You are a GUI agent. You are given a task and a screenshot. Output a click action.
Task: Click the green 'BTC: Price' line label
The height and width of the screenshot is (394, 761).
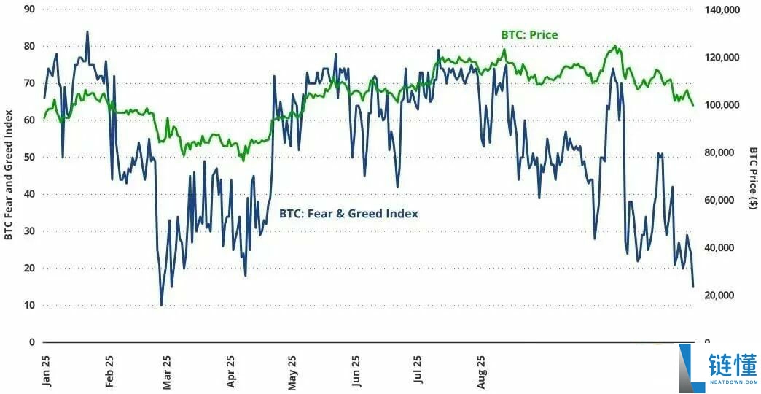pos(529,34)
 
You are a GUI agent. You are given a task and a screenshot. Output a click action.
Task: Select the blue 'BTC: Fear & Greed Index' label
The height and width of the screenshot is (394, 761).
pos(348,214)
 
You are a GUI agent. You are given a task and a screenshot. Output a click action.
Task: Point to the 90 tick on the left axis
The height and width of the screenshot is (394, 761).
pos(29,9)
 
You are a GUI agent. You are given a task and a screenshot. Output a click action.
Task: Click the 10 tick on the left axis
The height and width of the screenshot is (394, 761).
pos(29,305)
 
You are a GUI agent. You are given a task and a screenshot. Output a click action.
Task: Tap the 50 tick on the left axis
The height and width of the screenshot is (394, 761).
pos(29,157)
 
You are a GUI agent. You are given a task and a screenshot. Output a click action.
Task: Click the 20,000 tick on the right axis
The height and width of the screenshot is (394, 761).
pos(722,295)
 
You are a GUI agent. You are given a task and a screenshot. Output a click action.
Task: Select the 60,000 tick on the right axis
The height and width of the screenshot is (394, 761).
pos(722,200)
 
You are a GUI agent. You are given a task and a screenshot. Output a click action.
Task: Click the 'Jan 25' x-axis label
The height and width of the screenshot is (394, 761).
pos(46,370)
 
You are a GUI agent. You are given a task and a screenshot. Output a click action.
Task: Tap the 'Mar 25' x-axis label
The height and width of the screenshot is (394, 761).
pos(168,370)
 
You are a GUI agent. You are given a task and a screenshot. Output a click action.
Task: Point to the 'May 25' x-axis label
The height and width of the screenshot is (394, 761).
pos(293,370)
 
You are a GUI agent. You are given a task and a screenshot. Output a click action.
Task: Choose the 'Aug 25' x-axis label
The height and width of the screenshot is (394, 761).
pos(482,370)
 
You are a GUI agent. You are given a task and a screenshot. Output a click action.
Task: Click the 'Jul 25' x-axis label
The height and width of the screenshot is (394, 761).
pos(418,370)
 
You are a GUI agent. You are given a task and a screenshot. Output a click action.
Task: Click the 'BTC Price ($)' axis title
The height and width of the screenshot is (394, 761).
pos(753,178)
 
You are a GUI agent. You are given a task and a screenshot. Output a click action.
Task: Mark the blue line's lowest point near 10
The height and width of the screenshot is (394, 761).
pos(161,305)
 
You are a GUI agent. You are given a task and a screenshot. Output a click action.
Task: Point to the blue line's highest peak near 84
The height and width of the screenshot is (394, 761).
pos(87,31)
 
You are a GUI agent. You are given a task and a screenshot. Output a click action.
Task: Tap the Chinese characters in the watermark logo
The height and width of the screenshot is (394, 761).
pos(732,363)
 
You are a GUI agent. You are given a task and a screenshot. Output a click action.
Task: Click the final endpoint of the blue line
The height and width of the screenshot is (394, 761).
pos(692,287)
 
